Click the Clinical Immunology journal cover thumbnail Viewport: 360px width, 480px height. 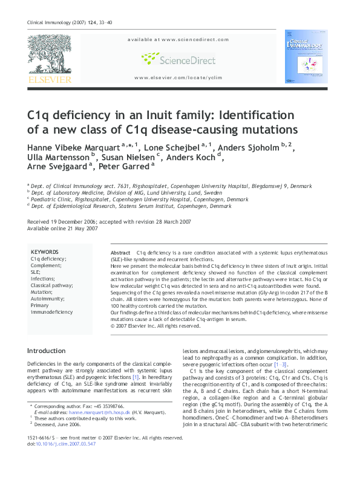click(x=306, y=56)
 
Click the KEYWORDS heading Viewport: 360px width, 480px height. click(x=45, y=252)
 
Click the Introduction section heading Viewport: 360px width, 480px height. click(x=47, y=351)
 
